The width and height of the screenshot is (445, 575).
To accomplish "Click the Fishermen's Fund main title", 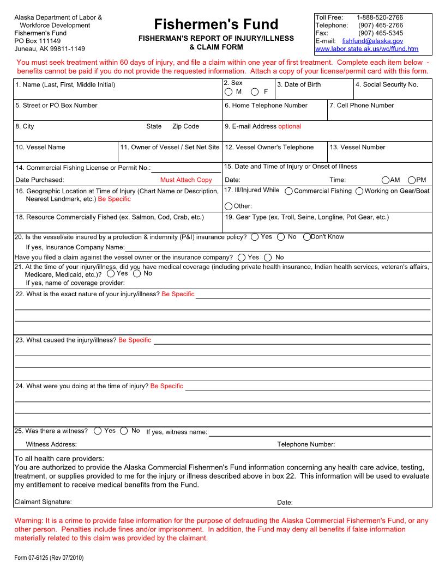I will click(216, 25).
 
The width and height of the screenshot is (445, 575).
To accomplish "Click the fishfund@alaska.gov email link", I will click(372, 41).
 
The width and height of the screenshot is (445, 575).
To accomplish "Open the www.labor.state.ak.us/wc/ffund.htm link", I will click(366, 48).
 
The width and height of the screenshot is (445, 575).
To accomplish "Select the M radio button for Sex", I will click(228, 92).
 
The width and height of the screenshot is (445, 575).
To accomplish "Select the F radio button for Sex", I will click(255, 92).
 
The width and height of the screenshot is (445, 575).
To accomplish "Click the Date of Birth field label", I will click(299, 84).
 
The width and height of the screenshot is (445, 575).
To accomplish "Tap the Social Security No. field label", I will click(387, 84).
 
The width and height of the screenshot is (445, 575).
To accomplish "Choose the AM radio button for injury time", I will click(386, 180).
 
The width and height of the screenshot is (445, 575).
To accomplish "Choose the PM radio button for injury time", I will click(411, 180).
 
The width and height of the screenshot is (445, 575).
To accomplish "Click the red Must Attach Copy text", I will click(186, 180).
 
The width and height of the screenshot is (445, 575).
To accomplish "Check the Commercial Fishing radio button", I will click(288, 191).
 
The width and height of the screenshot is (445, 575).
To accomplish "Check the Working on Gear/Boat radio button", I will click(359, 191).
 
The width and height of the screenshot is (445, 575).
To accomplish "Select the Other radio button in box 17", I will click(228, 206).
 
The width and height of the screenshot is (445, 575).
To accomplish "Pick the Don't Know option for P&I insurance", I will click(306, 237).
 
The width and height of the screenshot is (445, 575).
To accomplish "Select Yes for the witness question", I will click(97, 431).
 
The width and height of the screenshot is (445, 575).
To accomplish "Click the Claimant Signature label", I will click(43, 502).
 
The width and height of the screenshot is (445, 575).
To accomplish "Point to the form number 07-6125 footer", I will click(49, 558).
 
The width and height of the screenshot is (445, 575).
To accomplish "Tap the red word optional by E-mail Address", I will click(290, 126).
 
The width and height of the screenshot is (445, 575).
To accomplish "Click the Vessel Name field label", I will click(40, 147).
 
